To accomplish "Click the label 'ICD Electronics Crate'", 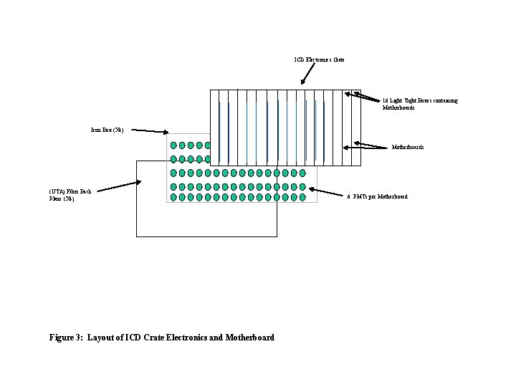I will click(319, 59).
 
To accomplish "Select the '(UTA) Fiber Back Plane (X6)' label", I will click(70, 195).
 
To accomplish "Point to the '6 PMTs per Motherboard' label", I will click(377, 196).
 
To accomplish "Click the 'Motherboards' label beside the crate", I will click(407, 147).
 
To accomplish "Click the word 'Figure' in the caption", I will click(64, 338).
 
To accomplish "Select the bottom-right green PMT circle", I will click(302, 198).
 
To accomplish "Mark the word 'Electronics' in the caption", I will click(158, 338).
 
